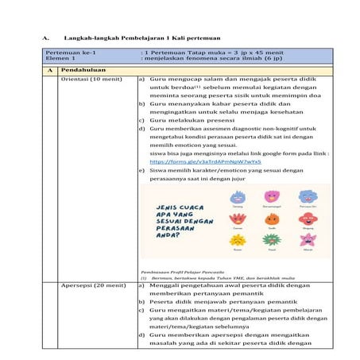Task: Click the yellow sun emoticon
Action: coord(235,242)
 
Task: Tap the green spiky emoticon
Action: coord(271,242)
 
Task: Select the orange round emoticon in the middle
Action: coord(271,218)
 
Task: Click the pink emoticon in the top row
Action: coord(271,195)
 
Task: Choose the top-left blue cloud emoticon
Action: coord(236,195)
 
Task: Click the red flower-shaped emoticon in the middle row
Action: coord(236,218)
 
